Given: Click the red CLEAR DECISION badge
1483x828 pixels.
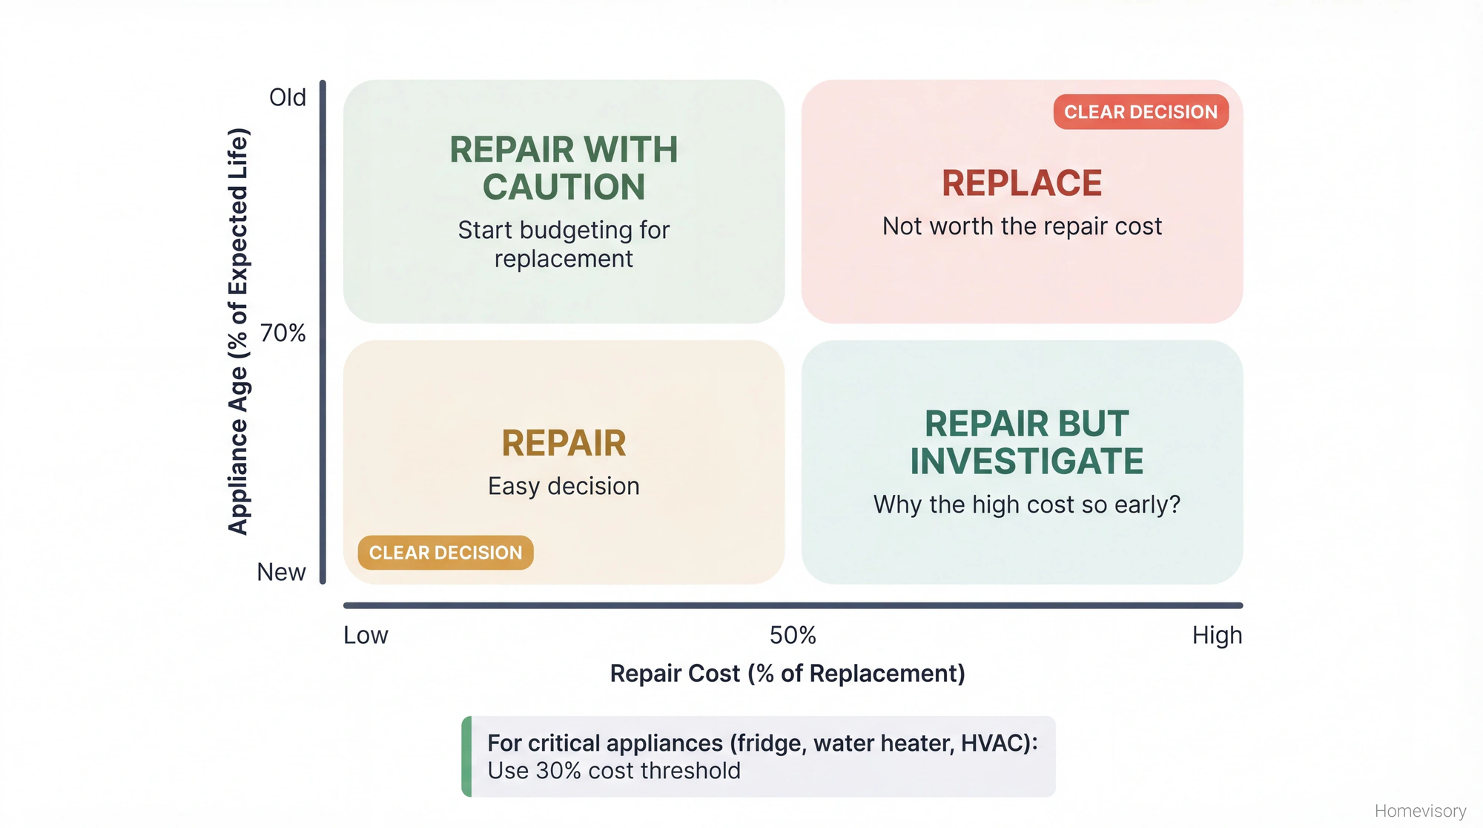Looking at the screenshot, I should point(1140,112).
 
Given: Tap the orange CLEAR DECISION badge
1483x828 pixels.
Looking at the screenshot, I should point(446,553).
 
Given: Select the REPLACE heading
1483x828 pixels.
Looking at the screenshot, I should point(1022,183).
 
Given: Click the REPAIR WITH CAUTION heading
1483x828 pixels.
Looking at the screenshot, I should point(564,168).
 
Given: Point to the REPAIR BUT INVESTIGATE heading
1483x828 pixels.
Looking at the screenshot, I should point(1026,443).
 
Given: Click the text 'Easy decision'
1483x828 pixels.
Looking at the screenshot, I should point(564,487).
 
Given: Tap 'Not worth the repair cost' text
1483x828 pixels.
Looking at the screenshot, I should point(1022,226).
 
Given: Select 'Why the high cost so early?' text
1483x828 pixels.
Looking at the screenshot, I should point(1026,505).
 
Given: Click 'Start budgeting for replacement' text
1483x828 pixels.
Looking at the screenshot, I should point(564,244).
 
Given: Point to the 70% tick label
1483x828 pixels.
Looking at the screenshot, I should point(283,333).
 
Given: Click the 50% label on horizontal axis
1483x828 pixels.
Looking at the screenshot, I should point(793,636).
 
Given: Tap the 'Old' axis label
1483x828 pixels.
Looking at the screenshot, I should point(288,97).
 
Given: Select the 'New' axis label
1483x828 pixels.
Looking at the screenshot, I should point(281,572).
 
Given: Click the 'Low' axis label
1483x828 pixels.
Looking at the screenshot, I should point(366,636).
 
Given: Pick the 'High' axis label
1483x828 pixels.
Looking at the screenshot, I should point(1217,636).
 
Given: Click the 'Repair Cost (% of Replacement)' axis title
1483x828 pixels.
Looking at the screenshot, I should point(787,674).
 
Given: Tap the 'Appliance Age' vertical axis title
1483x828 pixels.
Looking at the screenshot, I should point(238,332).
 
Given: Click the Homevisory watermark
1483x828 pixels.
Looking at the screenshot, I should point(1420,811).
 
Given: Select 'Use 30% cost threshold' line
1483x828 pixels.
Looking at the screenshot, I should point(614,771).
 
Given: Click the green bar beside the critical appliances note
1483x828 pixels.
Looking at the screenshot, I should point(466,757).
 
